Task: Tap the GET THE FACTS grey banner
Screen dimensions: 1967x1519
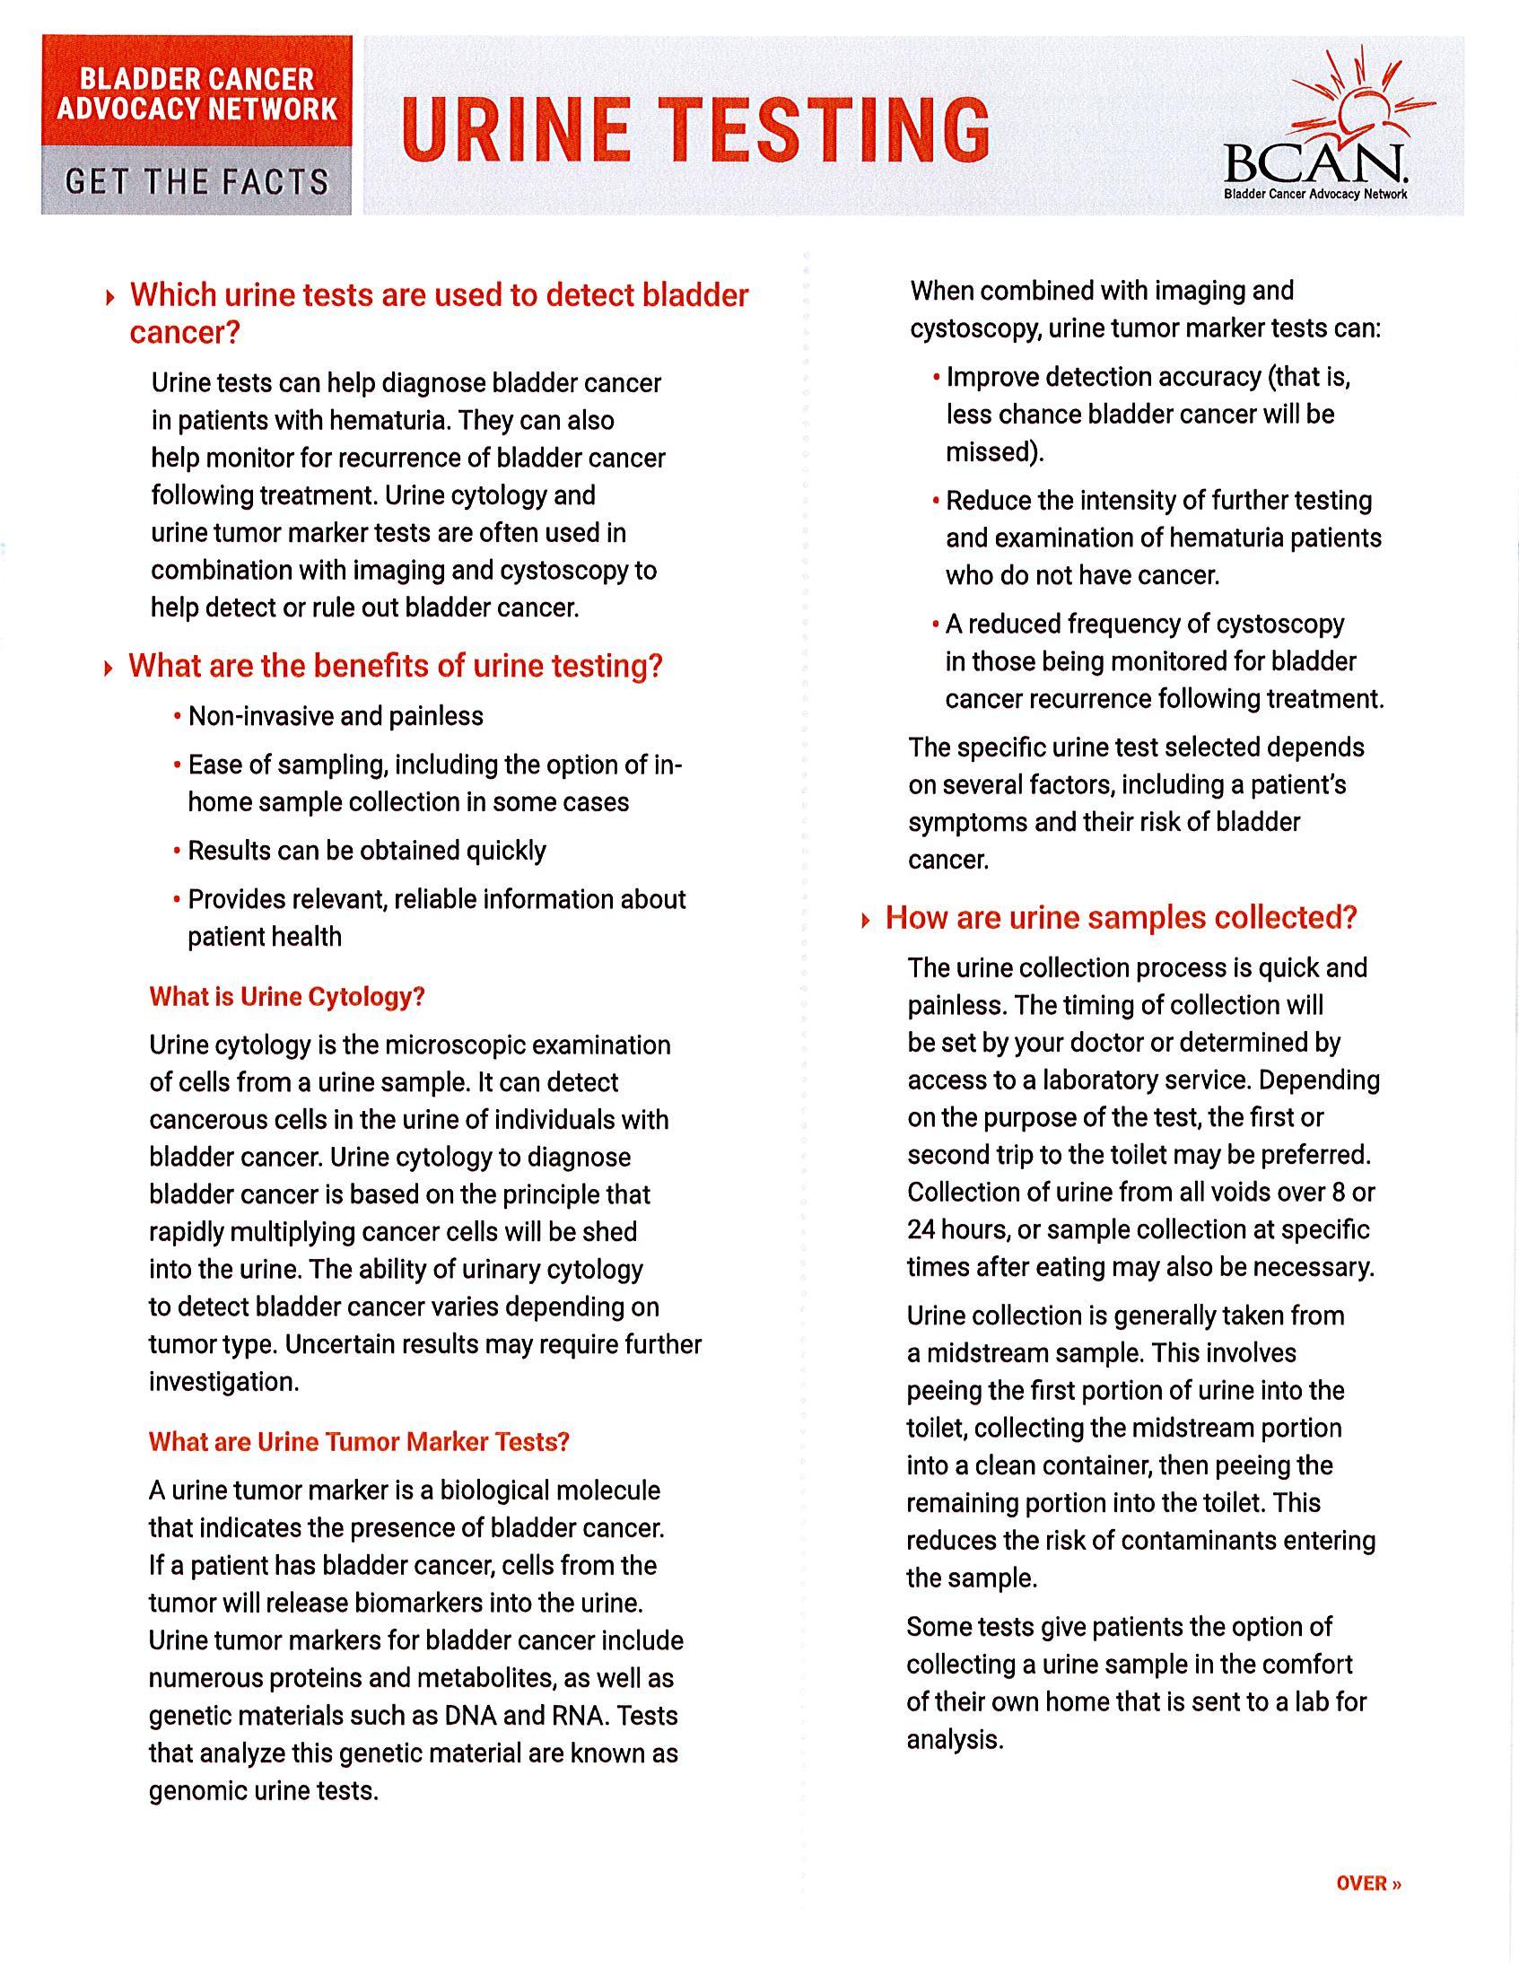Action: (197, 182)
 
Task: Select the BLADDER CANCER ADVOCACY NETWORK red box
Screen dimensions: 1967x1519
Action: (197, 93)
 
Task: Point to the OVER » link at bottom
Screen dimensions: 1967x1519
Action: (1368, 1884)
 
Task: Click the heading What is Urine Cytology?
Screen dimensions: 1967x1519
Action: (286, 997)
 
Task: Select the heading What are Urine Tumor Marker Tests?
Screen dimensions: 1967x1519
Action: (358, 1442)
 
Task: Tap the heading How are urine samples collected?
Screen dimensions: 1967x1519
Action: (1120, 918)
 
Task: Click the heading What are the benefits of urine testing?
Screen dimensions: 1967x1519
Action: (396, 666)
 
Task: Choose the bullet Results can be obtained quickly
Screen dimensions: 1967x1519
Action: (366, 851)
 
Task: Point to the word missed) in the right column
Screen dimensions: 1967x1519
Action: (994, 452)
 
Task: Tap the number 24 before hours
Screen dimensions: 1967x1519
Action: (922, 1229)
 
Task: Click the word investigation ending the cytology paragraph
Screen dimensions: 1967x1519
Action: (223, 1382)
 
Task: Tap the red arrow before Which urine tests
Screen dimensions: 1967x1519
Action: (109, 296)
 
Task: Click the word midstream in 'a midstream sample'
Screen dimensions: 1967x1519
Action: (987, 1353)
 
